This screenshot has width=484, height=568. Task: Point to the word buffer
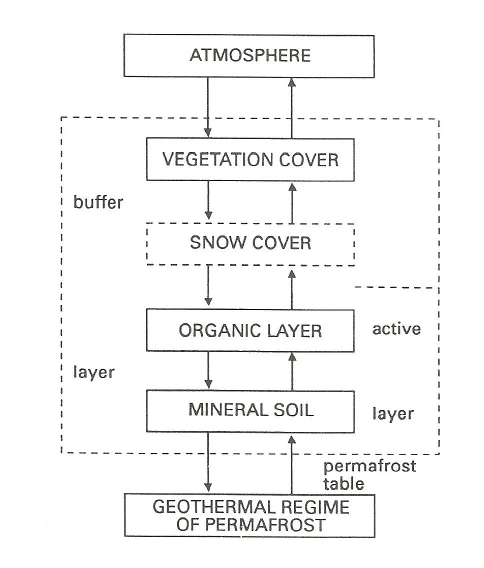coord(98,202)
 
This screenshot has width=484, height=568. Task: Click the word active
coord(396,329)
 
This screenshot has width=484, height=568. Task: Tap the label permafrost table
coord(369,475)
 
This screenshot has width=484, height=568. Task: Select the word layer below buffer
coord(94,372)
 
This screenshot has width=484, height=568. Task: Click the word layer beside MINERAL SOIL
coord(393,413)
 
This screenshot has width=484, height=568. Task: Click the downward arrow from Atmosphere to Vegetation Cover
coord(208,107)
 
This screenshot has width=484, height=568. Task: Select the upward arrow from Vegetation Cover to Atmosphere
coord(291,108)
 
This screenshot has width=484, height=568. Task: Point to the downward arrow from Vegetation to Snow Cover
coord(208,200)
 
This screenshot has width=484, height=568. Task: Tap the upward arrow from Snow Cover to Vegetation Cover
coord(292,203)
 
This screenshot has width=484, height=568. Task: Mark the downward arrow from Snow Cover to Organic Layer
coord(208,285)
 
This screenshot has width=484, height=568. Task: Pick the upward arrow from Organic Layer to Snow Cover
coord(292,289)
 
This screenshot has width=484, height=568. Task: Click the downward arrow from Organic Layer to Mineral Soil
coord(208,370)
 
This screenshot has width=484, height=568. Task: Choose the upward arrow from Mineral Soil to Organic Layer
coord(292,371)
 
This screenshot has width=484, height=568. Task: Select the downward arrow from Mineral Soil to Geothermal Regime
coord(208,462)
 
